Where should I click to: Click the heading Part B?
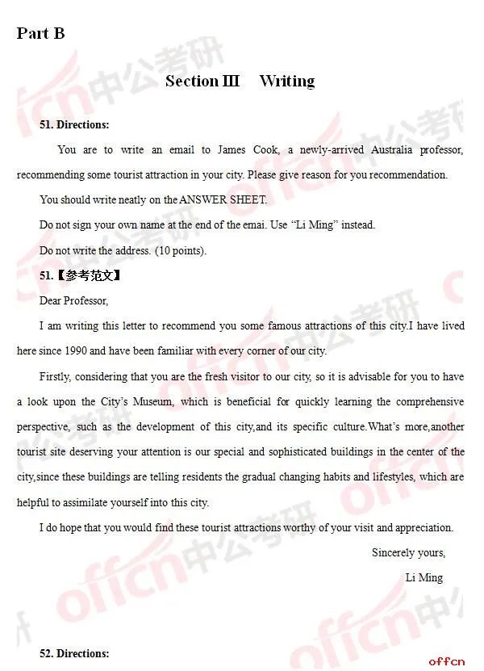[40, 33]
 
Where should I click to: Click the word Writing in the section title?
[286, 81]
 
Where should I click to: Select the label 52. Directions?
[74, 653]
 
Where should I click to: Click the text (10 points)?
[181, 250]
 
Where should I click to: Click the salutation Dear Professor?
[73, 300]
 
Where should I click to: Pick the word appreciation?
[423, 527]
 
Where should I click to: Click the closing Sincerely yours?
[408, 552]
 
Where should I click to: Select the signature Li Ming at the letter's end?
[423, 577]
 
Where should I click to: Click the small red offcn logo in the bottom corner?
[446, 661]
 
